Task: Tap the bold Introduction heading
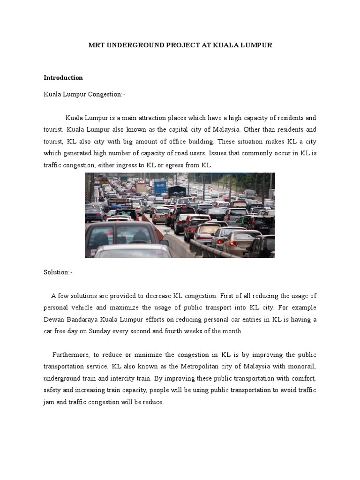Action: coord(63,78)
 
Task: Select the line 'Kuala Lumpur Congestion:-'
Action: coord(85,95)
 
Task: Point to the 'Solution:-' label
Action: coord(58,272)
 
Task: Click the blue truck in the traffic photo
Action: coord(160,188)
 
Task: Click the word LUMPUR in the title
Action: coord(254,45)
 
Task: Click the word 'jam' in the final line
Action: coord(49,401)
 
